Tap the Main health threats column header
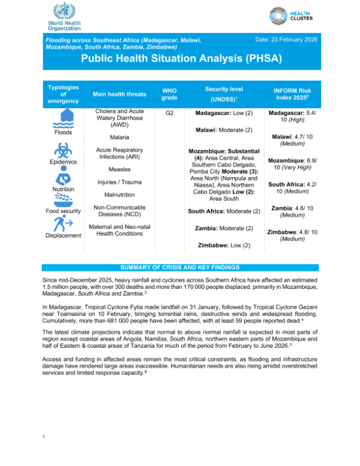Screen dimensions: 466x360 point(119,94)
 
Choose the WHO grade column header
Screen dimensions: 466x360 point(170,94)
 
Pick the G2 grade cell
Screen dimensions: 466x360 point(170,112)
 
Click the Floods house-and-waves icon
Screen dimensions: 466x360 point(63,118)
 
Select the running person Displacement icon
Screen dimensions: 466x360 point(63,224)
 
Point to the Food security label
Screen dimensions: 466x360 point(63,211)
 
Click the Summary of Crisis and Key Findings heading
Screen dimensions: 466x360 point(180,267)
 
